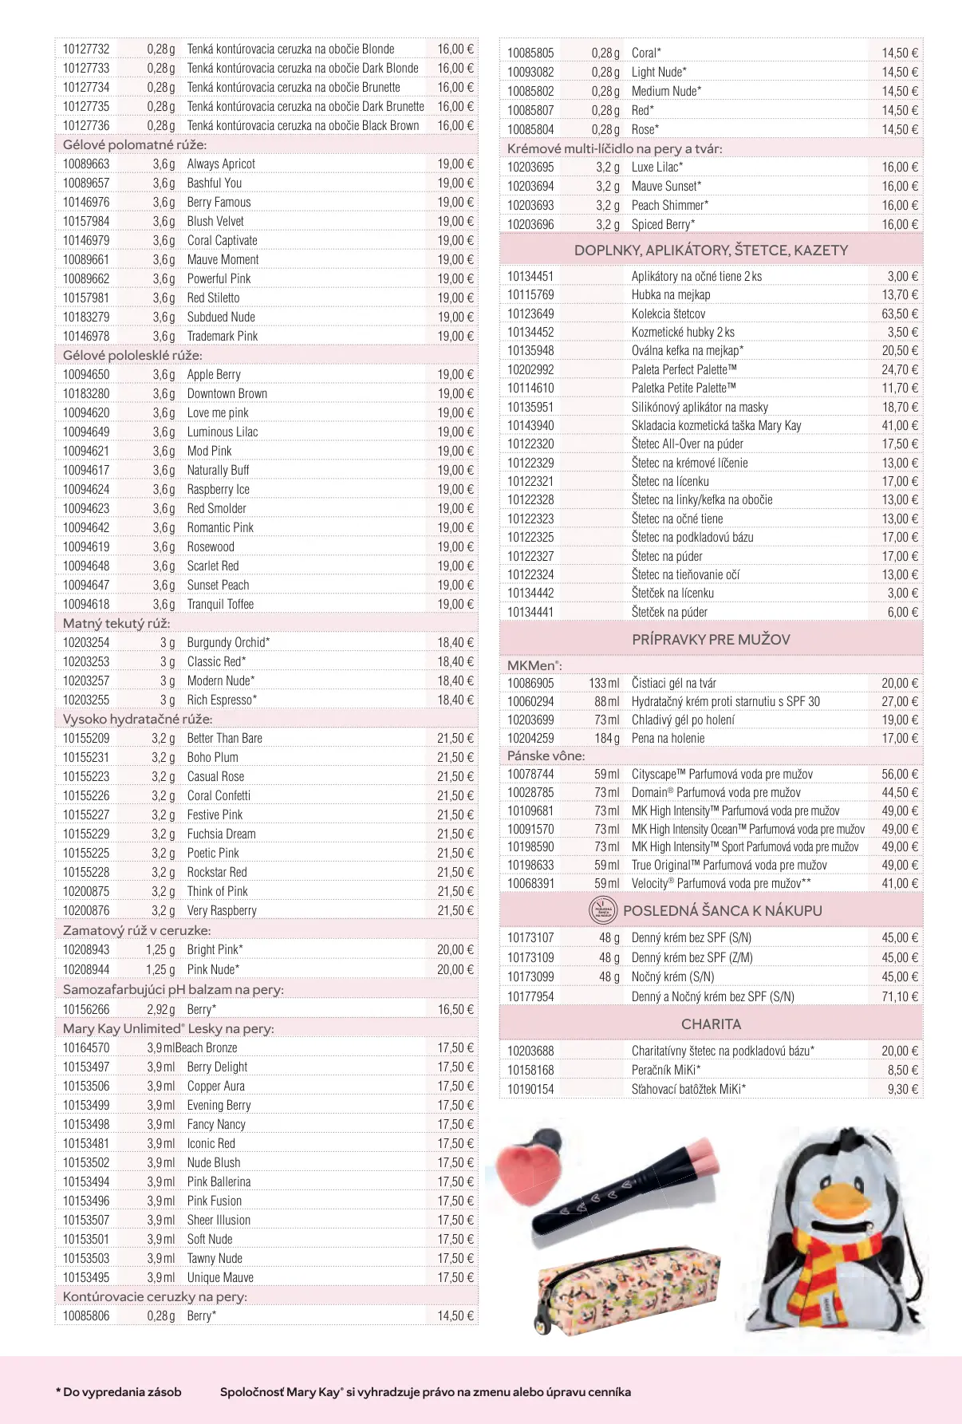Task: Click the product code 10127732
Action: (x=86, y=49)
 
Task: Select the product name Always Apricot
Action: (x=221, y=164)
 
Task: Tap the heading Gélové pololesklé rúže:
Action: (x=132, y=355)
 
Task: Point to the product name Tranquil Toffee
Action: (x=220, y=604)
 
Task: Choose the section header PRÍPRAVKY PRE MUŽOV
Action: (x=711, y=639)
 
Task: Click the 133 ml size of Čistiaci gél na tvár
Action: (x=604, y=683)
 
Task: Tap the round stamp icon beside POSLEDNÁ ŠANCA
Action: (x=603, y=910)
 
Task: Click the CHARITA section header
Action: (x=711, y=1024)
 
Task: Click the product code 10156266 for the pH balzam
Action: (x=86, y=1009)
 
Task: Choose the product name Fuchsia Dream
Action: (x=221, y=834)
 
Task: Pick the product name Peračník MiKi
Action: (x=666, y=1070)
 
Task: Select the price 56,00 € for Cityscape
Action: (x=900, y=774)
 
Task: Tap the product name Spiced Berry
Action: (x=663, y=224)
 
